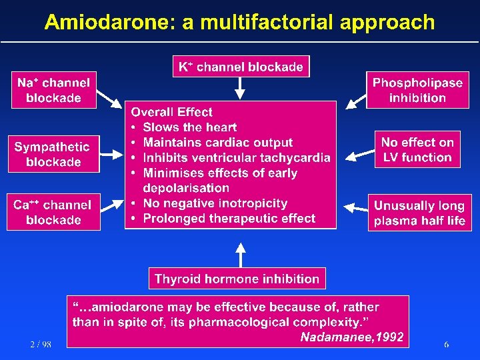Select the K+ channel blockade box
pos(241,67)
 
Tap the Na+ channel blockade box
pos(53,91)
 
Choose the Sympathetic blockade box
pos(53,154)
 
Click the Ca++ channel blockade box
pos(53,212)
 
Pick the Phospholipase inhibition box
pos(417,91)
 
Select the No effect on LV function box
pos(417,150)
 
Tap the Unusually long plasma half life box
pos(419,213)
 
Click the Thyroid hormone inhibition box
pos(237,279)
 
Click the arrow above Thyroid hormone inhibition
pos(241,253)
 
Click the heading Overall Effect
pos(171,112)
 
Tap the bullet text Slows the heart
pos(189,127)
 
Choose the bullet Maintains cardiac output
pos(217,143)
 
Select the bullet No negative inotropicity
pos(215,203)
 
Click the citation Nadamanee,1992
pos(351,337)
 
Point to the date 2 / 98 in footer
pos(40,344)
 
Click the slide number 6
pos(446,344)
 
